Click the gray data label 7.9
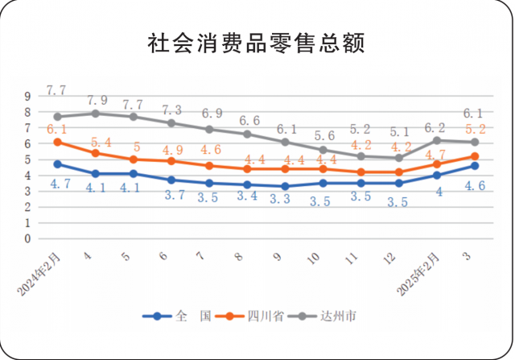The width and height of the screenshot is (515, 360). click(x=97, y=101)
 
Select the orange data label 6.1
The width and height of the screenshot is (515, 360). click(x=56, y=130)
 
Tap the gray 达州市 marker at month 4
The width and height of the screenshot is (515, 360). click(x=95, y=114)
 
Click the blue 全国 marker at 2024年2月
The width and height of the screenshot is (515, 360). click(x=57, y=164)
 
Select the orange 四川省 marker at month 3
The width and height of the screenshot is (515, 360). click(x=476, y=156)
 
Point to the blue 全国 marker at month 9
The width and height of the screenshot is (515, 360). click(x=284, y=186)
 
